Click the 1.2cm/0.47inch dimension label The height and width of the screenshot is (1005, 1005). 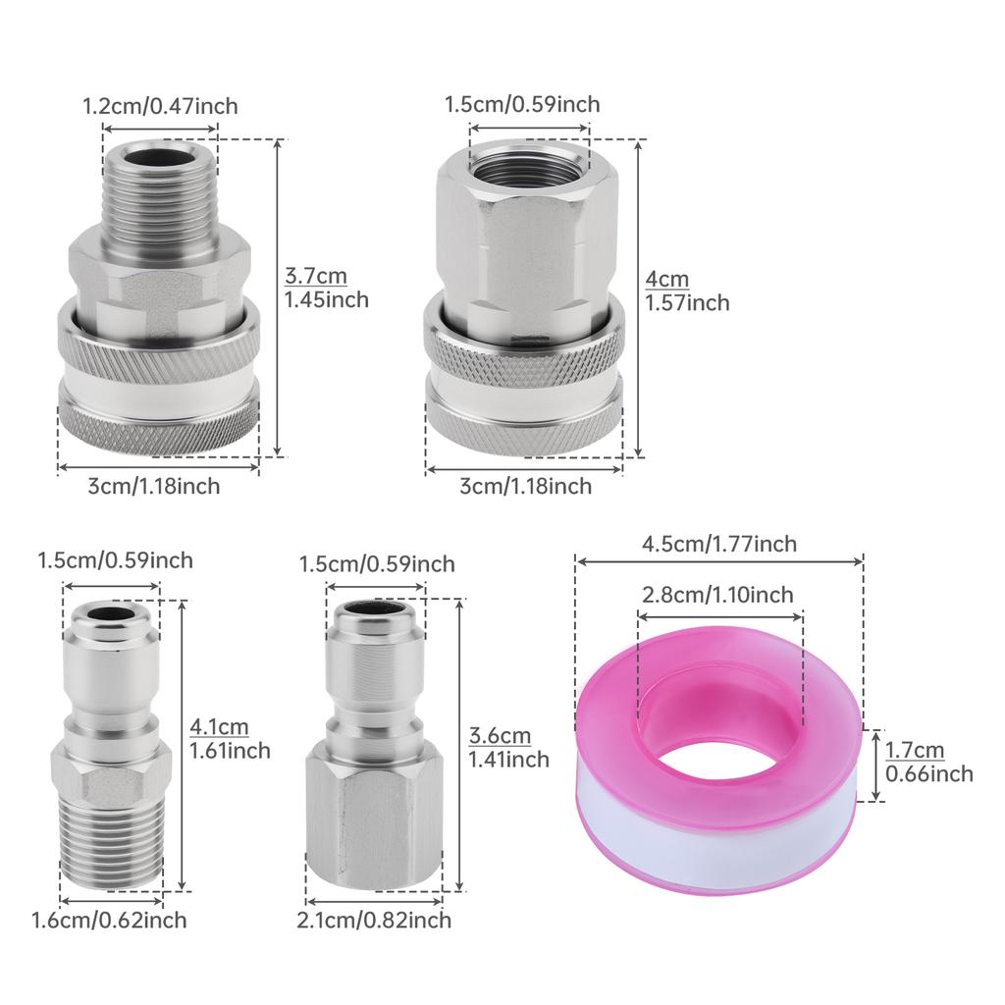pos(160,106)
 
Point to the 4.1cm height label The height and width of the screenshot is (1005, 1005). pos(228,739)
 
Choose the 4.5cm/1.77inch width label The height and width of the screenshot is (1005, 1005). pos(719,544)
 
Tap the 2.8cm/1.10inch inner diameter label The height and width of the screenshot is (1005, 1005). pos(717,595)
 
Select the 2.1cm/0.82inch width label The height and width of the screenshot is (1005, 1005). pos(374,920)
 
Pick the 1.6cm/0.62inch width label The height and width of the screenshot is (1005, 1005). pos(109,920)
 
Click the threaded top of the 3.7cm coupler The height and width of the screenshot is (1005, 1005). pos(158,186)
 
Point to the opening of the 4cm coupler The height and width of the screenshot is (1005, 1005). pos(528,157)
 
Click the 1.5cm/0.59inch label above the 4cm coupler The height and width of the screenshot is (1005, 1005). pos(522,104)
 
